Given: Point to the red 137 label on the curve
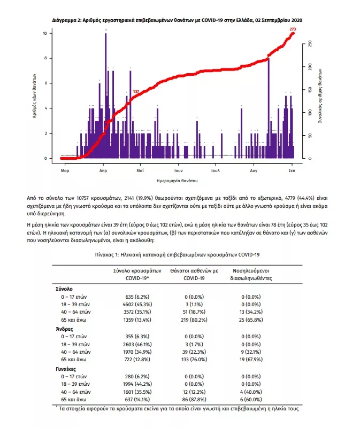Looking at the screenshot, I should pyautogui.click(x=136, y=92).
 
